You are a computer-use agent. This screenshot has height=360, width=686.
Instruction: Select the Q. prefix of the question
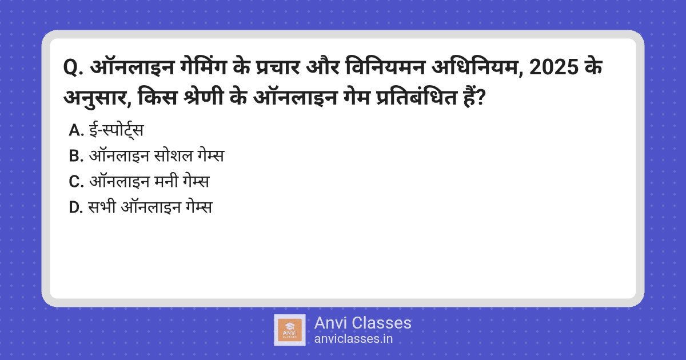73,68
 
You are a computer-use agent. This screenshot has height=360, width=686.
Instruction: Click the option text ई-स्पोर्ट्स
116,130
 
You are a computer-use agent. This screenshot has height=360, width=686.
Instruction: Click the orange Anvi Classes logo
290,330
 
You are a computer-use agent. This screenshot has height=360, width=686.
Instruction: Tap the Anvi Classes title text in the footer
362,323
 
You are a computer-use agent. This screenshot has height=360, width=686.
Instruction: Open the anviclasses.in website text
353,339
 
